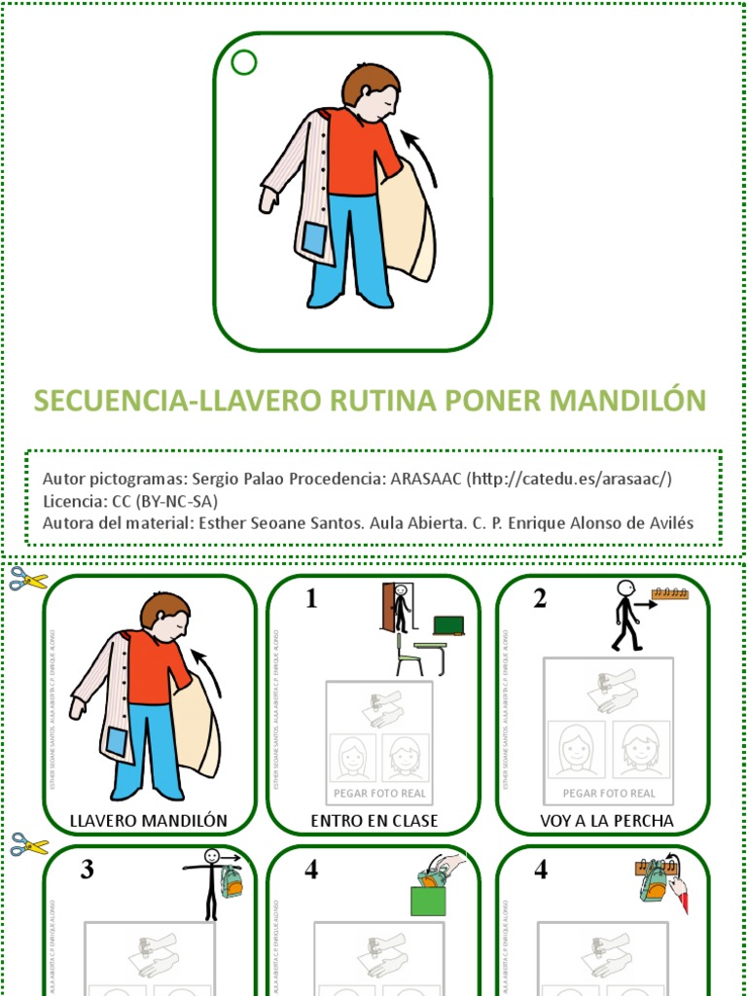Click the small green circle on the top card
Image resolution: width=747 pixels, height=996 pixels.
(x=244, y=63)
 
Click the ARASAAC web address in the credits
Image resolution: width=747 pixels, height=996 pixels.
(x=570, y=479)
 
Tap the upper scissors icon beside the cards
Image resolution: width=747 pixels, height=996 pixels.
(x=28, y=580)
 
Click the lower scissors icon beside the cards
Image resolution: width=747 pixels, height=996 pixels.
(x=29, y=844)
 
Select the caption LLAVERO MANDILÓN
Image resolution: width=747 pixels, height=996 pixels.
(x=149, y=821)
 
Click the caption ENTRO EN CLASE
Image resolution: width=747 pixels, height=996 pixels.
(x=373, y=821)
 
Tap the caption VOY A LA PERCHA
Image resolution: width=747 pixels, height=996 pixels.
(x=606, y=821)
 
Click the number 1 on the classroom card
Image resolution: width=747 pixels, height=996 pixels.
(x=311, y=599)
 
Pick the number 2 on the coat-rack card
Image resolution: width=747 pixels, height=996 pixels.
(x=540, y=599)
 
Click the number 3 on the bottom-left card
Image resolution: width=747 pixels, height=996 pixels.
(x=87, y=870)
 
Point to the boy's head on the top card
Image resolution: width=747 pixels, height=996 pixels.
(x=372, y=91)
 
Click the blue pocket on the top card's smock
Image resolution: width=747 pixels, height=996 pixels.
(x=313, y=239)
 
